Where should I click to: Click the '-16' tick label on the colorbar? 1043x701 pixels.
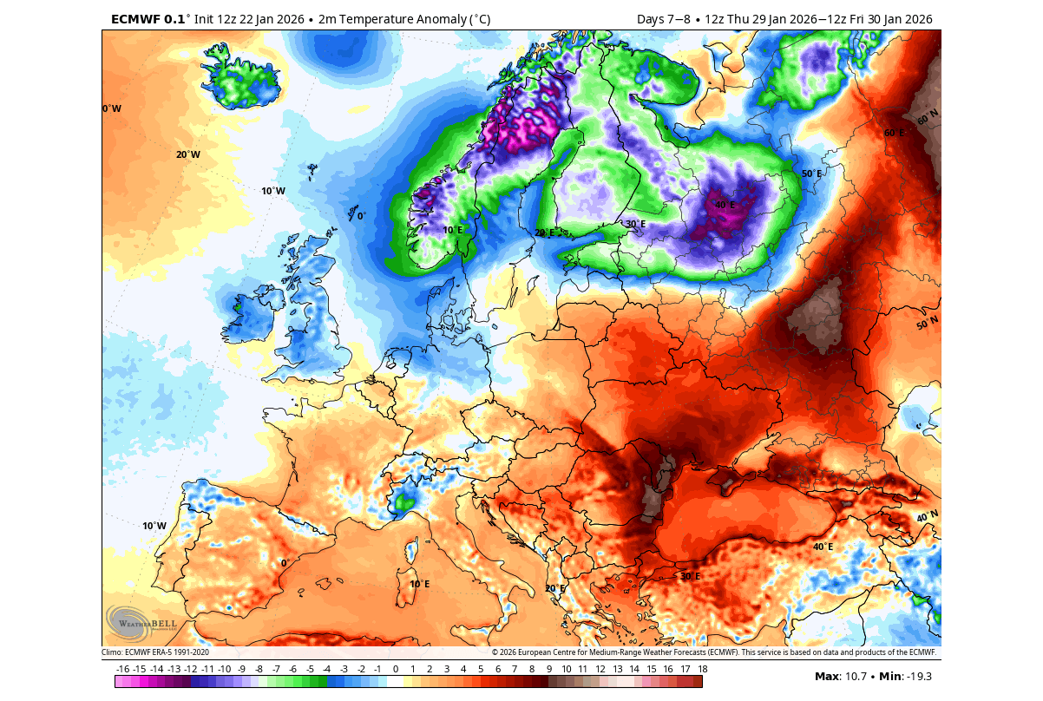[122, 669]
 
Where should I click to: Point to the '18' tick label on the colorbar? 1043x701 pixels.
[701, 669]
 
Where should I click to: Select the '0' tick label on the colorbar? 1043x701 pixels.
[396, 669]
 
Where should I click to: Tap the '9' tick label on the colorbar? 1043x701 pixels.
[548, 669]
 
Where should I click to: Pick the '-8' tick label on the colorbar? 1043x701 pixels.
[259, 669]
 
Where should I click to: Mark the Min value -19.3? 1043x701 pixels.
[918, 677]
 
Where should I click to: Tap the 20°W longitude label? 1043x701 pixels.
[188, 154]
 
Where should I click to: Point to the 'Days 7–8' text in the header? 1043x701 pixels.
[666, 19]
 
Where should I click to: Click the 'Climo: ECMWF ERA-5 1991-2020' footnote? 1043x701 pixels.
[155, 652]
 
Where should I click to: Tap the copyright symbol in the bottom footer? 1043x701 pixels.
[495, 652]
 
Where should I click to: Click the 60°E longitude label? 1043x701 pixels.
[895, 134]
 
